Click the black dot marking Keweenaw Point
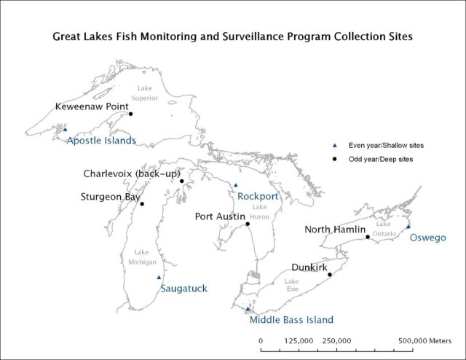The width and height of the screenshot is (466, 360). [130, 114]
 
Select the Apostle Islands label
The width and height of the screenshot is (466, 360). [101, 141]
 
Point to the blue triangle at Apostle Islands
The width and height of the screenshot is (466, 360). [65, 129]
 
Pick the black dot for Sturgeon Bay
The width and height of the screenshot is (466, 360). [141, 204]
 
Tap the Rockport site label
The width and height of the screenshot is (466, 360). [258, 196]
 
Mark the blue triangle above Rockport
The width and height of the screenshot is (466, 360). [235, 185]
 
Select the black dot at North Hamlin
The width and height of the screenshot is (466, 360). [368, 237]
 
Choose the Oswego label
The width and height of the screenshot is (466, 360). [427, 238]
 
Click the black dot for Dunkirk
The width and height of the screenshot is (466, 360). [330, 275]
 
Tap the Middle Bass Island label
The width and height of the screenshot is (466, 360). [291, 320]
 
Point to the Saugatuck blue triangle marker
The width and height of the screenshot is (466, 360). [159, 277]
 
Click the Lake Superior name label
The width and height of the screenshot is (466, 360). [143, 93]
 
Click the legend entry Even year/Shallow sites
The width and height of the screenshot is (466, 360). [384, 146]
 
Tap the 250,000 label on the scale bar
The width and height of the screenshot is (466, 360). [336, 340]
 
